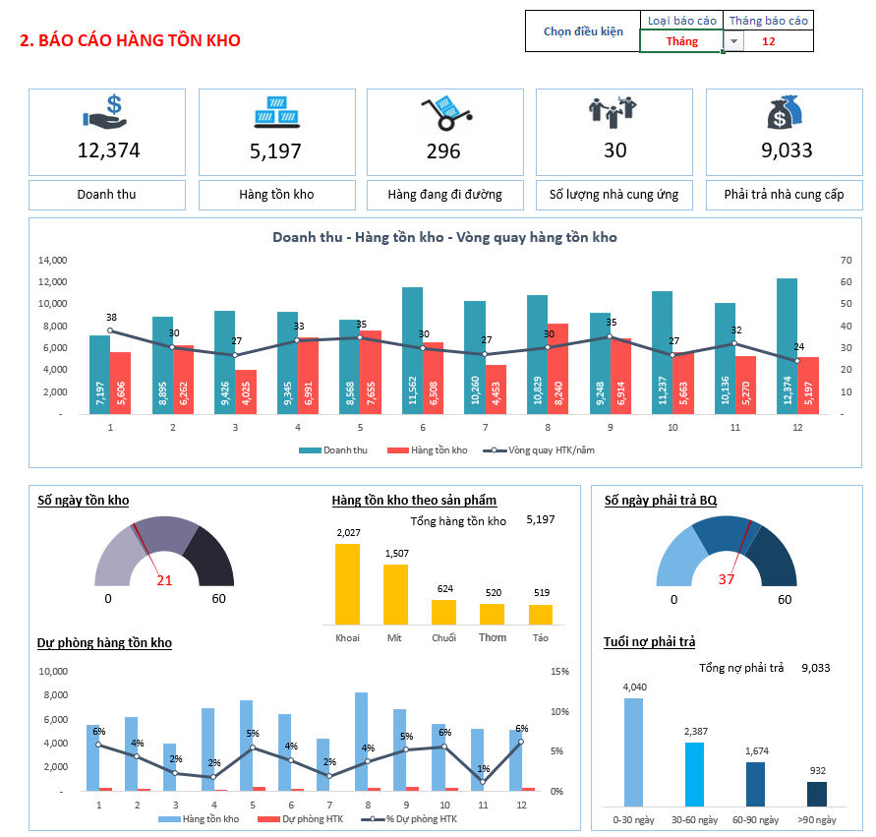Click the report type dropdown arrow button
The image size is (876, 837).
click(x=733, y=41)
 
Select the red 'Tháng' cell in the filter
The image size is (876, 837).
click(x=681, y=41)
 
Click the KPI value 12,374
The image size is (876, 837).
click(x=108, y=150)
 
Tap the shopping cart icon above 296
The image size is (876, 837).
click(x=443, y=113)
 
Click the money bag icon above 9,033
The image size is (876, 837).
click(x=784, y=113)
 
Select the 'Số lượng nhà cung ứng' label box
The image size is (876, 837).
click(x=614, y=195)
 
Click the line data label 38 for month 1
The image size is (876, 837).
click(x=111, y=318)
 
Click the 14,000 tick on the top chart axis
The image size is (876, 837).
click(x=52, y=261)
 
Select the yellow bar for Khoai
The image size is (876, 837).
click(x=348, y=583)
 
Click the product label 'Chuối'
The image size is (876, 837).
click(x=443, y=638)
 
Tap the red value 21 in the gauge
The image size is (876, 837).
click(x=164, y=580)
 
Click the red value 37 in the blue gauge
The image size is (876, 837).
click(x=727, y=579)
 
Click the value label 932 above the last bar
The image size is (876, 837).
click(x=817, y=770)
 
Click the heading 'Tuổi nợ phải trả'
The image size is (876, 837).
click(x=649, y=642)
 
